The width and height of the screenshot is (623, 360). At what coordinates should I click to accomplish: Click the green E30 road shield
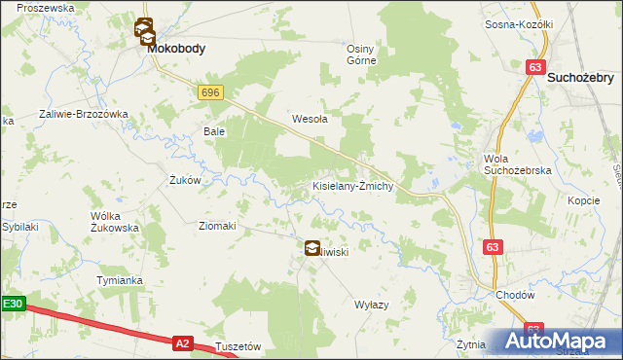coord(12,305)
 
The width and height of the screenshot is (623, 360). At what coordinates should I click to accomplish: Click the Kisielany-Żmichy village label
coord(351,185)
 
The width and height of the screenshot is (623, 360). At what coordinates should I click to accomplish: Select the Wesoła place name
coord(310,120)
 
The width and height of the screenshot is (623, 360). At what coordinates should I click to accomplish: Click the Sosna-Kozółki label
coord(519,24)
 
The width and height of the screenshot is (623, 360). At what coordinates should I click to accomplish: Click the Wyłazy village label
coord(372,305)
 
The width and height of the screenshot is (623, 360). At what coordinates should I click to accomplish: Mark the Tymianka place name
coord(120,280)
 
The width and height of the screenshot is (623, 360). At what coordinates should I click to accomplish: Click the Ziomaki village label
coord(217,226)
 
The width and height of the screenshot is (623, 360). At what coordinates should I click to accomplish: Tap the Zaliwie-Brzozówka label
coord(84,114)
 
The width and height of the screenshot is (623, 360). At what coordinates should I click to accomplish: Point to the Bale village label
coord(213,130)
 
